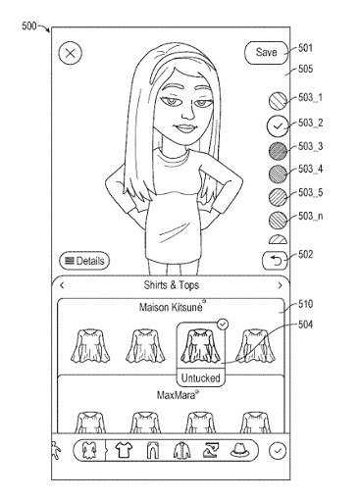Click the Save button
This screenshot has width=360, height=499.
tap(266, 52)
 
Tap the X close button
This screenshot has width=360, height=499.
tap(70, 53)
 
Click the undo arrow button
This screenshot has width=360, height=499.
tap(275, 261)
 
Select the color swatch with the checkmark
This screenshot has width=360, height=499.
tap(278, 126)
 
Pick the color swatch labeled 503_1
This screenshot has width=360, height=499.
tap(278, 100)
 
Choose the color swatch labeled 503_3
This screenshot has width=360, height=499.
tap(278, 151)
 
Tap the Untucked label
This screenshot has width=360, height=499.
tap(201, 378)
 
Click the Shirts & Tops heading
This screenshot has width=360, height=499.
tap(172, 285)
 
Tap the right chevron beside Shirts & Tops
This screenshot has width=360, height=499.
tap(280, 285)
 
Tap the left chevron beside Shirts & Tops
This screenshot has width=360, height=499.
tap(62, 285)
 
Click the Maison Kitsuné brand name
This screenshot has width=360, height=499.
tap(171, 307)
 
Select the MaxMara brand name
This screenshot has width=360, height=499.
tap(177, 395)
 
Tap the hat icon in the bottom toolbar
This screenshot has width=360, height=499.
tap(240, 450)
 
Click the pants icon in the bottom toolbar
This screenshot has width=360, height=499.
tap(152, 450)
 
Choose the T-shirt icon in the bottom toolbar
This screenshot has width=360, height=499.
tap(124, 450)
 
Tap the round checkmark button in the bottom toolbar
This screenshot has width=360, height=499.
tap(278, 451)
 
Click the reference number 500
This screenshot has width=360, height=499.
tap(29, 25)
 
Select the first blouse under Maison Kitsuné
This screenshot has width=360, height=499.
tap(90, 346)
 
